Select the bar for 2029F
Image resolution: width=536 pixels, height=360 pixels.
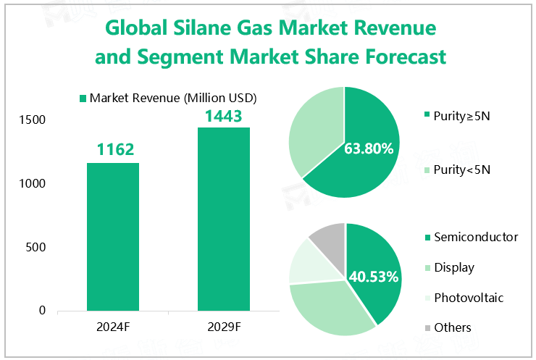click(224, 219)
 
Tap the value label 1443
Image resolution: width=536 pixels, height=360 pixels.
click(224, 116)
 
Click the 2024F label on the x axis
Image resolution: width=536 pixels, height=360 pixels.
click(113, 327)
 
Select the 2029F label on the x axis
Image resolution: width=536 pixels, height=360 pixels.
click(224, 327)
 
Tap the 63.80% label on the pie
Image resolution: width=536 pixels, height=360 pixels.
click(370, 149)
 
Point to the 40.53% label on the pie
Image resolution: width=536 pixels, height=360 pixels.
click(374, 277)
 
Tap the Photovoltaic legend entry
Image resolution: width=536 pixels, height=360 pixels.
click(468, 298)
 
